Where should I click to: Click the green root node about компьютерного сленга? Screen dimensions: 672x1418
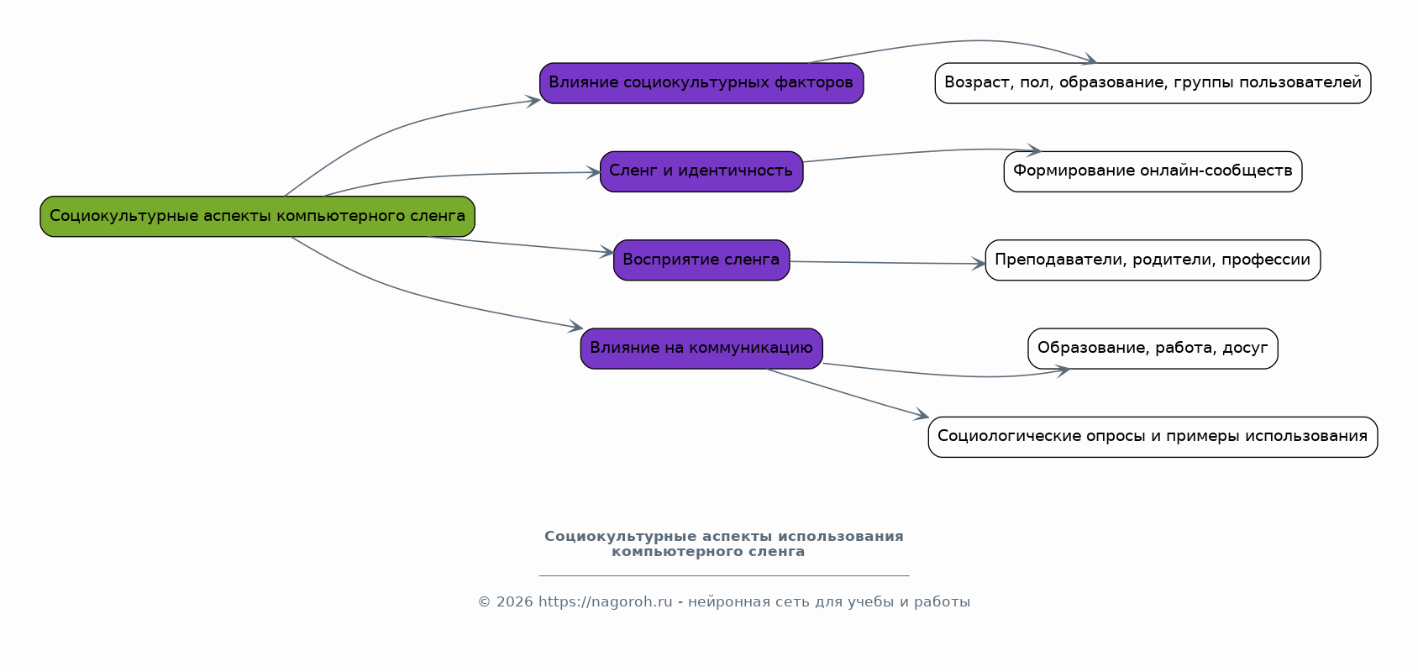[257, 217]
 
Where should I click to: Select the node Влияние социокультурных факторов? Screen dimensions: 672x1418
[701, 83]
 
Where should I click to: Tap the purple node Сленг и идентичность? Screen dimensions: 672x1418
[701, 171]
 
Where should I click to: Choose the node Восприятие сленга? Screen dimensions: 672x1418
[701, 260]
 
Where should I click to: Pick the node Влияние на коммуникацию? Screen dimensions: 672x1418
[701, 349]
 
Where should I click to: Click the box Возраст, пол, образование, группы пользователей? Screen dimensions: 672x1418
[1153, 83]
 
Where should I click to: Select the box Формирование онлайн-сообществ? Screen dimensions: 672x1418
[1153, 171]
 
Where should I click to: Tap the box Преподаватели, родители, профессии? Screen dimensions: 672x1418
[1153, 260]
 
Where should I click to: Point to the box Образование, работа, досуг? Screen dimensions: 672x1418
[1153, 349]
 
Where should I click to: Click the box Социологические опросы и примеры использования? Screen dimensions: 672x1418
[1153, 437]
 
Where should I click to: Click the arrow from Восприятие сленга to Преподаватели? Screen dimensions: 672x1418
[887, 263]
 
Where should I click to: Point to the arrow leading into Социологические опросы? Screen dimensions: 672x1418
[848, 393]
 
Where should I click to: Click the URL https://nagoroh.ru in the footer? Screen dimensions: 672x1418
[605, 602]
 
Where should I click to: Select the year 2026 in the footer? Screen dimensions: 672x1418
[514, 602]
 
